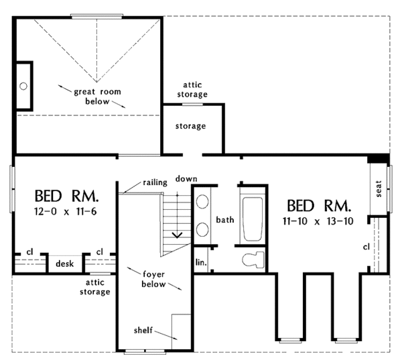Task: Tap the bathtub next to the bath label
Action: pyautogui.click(x=253, y=219)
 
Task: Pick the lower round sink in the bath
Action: pyautogui.click(x=203, y=229)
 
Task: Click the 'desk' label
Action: pyautogui.click(x=64, y=264)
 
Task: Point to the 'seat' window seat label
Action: pyautogui.click(x=379, y=190)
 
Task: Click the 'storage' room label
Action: pyautogui.click(x=190, y=126)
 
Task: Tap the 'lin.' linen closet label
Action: pyautogui.click(x=200, y=261)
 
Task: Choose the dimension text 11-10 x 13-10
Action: pyautogui.click(x=318, y=222)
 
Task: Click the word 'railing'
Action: pyautogui.click(x=154, y=182)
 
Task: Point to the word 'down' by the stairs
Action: pyautogui.click(x=186, y=178)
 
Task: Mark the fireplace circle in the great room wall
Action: pyautogui.click(x=22, y=86)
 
